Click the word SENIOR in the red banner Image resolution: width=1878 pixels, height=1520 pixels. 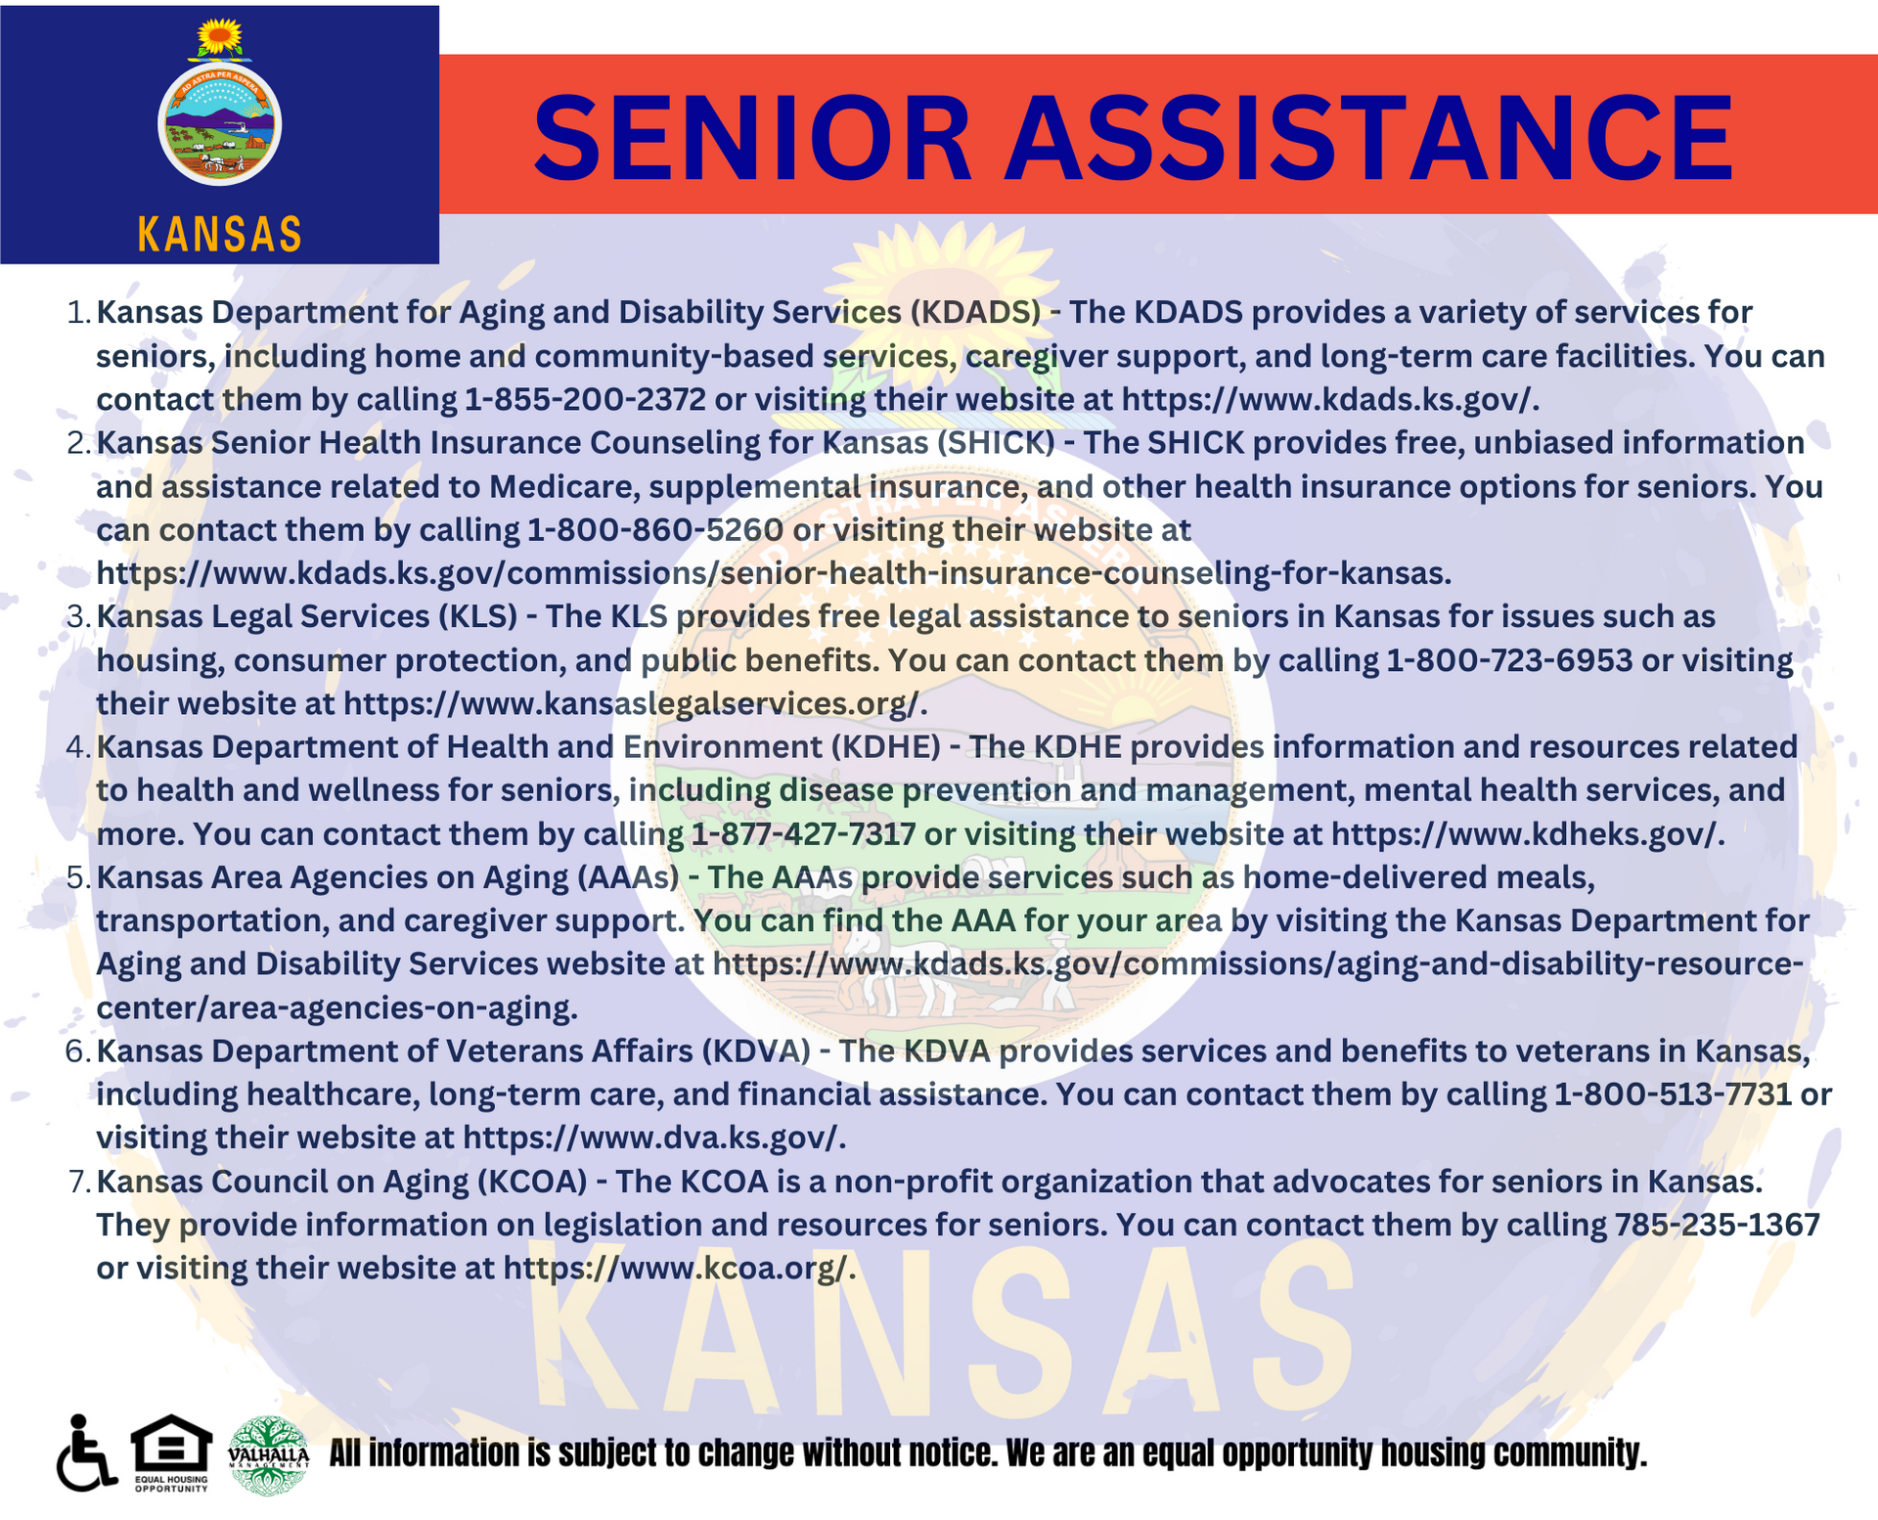click(752, 138)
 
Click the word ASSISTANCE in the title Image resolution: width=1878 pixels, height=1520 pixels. click(1370, 138)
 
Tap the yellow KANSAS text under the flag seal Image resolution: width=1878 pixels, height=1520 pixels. click(220, 235)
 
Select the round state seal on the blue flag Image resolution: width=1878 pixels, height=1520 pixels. click(219, 124)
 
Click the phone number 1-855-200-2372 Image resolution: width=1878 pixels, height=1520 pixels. click(585, 399)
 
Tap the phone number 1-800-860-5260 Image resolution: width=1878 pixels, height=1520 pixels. click(655, 529)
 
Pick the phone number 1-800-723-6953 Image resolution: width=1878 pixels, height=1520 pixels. click(1510, 660)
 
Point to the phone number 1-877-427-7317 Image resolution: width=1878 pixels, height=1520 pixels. click(803, 833)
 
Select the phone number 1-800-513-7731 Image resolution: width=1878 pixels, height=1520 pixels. click(1673, 1094)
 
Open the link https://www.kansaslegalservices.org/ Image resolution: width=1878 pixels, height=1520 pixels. click(635, 703)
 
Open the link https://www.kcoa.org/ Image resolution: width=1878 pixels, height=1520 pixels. click(680, 1268)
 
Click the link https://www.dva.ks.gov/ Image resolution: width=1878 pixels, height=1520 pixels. click(654, 1138)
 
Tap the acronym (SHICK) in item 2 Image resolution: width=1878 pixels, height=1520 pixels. click(996, 443)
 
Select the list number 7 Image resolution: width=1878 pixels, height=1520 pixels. click(78, 1182)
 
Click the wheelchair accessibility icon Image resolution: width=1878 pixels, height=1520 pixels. click(86, 1453)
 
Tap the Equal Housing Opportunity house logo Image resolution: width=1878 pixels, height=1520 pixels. click(171, 1453)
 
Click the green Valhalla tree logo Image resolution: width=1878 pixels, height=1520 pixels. click(268, 1455)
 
